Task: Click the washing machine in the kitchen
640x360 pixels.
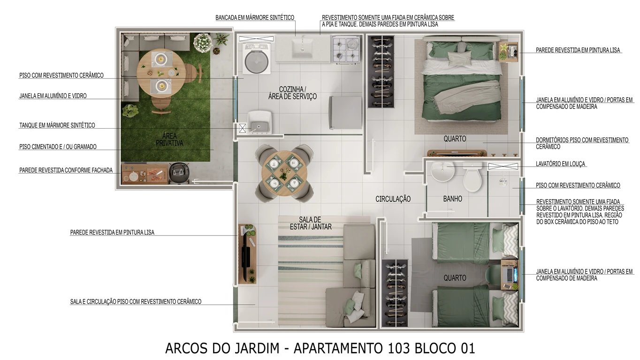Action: tap(256, 58)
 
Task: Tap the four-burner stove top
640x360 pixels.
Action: tap(346, 50)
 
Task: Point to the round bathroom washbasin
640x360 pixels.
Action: tap(442, 172)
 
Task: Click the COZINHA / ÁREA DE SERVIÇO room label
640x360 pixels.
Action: tap(298, 93)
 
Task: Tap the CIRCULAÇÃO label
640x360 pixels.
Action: tap(393, 199)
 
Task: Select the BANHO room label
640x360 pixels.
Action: tap(452, 199)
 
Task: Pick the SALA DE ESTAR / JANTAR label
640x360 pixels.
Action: tap(311, 223)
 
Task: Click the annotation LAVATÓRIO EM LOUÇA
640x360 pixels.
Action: tap(561, 164)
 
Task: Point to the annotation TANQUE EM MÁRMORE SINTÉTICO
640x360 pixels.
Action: tap(57, 125)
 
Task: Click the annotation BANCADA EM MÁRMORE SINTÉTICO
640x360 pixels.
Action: tap(255, 18)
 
